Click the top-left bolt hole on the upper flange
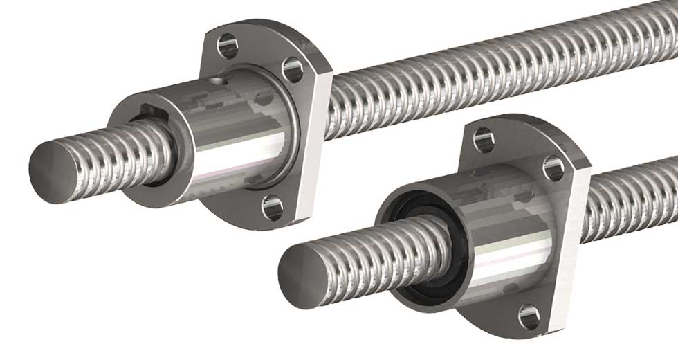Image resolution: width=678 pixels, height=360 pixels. click(226, 46)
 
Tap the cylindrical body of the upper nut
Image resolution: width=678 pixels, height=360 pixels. click(228, 138)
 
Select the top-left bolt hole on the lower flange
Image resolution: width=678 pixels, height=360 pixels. click(484, 141)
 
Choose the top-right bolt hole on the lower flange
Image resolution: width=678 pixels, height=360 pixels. click(553, 168)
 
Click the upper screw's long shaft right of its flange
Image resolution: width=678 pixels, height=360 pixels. click(484, 76)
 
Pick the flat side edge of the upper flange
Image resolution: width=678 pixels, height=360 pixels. click(318, 138)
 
